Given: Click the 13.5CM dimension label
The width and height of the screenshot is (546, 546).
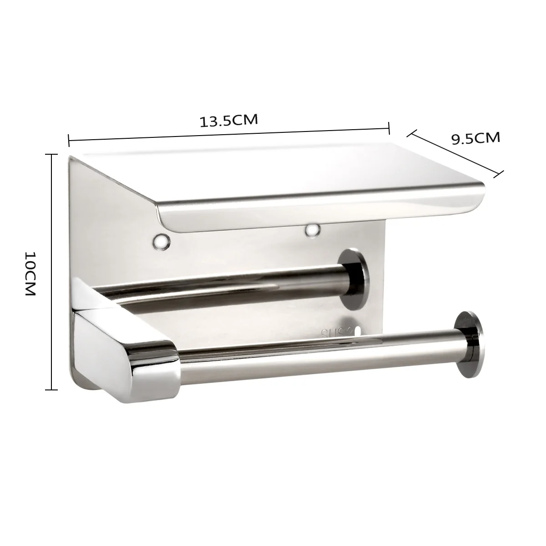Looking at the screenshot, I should (229, 121).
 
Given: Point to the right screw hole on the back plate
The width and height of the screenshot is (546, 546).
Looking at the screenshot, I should (312, 230).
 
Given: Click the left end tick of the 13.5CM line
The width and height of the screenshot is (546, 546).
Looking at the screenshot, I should (68, 140).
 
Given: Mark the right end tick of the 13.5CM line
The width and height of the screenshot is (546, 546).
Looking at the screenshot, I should (389, 128).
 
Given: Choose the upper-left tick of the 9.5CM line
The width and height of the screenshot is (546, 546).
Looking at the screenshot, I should (411, 133).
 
